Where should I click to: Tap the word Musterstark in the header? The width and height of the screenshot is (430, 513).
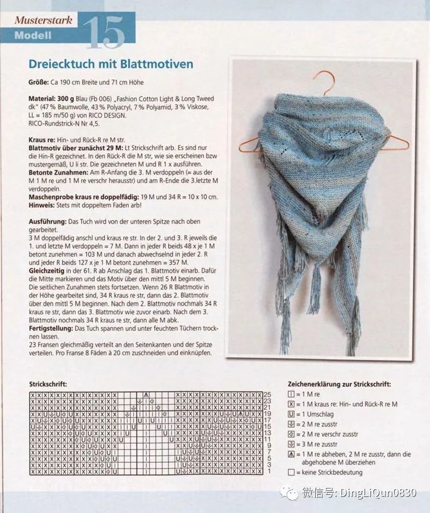44,20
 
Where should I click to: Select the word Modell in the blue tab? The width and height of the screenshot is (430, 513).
33,36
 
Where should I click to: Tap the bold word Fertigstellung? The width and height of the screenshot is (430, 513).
51,328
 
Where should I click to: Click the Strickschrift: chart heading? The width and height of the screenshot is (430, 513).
49,385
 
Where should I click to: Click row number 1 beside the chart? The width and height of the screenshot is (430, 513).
268,471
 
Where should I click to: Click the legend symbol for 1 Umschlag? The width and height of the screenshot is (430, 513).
291,414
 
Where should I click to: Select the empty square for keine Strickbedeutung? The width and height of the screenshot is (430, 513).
291,473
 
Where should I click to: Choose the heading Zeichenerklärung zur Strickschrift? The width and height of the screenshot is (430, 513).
339,385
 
